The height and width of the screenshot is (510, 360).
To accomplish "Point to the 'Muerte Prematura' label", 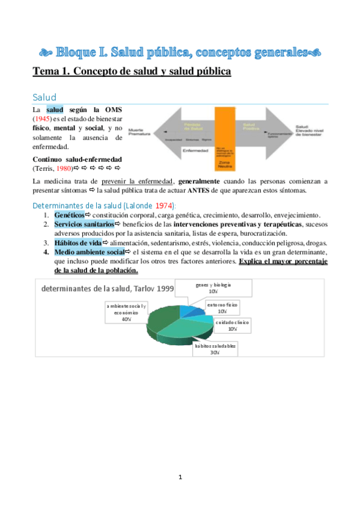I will tap(137, 131).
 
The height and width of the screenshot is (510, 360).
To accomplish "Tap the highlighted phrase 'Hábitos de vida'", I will tap(78, 242).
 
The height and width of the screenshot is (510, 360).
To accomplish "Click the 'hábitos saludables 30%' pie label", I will tap(215, 349).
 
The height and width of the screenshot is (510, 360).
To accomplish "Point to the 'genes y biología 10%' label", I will tap(213, 287).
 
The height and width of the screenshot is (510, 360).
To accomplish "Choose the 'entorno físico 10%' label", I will tap(222, 308).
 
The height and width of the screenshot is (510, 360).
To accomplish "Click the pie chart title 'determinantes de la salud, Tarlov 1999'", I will tap(108, 289).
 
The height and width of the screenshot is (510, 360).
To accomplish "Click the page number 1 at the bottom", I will tap(180, 477).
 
